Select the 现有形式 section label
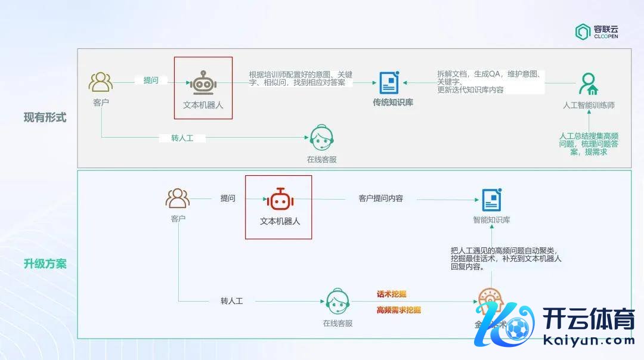pyautogui.click(x=45, y=117)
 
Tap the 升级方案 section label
pyautogui.click(x=45, y=263)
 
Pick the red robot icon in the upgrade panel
pyautogui.click(x=278, y=199)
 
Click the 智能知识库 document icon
pyautogui.click(x=492, y=199)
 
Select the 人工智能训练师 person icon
pyautogui.click(x=589, y=84)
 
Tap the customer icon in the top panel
pyautogui.click(x=101, y=82)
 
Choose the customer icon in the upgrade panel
pyautogui.click(x=178, y=198)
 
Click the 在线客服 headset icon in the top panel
pyautogui.click(x=322, y=138)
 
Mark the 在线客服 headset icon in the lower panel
pyautogui.click(x=338, y=302)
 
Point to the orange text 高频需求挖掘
pyautogui.click(x=399, y=310)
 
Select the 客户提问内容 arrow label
pyautogui.click(x=381, y=198)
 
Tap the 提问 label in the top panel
pyautogui.click(x=151, y=80)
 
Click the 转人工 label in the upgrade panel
pyautogui.click(x=231, y=301)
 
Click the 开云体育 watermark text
pyautogui.click(x=589, y=321)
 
